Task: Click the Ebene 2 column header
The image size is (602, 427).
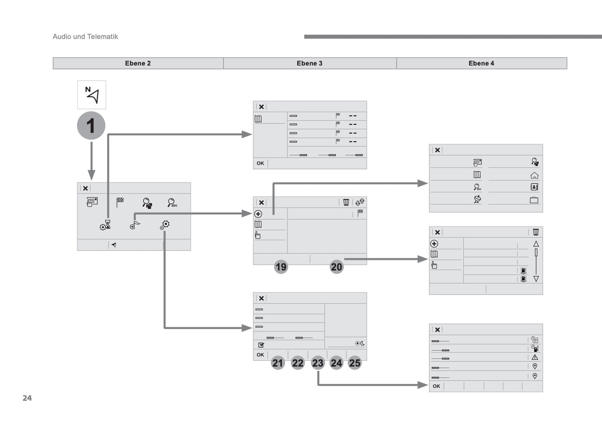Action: tap(138, 63)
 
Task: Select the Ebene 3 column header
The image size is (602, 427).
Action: tap(310, 63)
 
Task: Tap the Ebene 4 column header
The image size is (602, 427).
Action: tap(481, 63)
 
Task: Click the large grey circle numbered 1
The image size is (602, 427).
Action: tap(91, 126)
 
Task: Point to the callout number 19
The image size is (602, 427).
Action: tap(281, 267)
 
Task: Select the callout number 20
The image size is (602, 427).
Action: tap(336, 267)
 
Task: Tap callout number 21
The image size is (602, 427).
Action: tap(277, 363)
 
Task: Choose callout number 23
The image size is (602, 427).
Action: tap(317, 363)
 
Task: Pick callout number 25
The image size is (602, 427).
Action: tap(355, 363)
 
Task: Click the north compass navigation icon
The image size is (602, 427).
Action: tap(92, 95)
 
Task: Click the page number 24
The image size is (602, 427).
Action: tap(27, 398)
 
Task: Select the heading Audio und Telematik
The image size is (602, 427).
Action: tap(85, 37)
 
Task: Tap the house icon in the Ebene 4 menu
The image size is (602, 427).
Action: tap(534, 175)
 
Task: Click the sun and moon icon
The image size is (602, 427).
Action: tap(360, 343)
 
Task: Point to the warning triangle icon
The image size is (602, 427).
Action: tap(535, 357)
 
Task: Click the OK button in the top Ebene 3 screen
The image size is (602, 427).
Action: tap(260, 163)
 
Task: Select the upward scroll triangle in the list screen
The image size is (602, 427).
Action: tap(536, 244)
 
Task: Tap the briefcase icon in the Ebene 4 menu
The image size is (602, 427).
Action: tap(534, 200)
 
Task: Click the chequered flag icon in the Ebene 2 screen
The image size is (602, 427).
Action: tap(120, 202)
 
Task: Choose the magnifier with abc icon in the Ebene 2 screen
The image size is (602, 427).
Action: tap(172, 203)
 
